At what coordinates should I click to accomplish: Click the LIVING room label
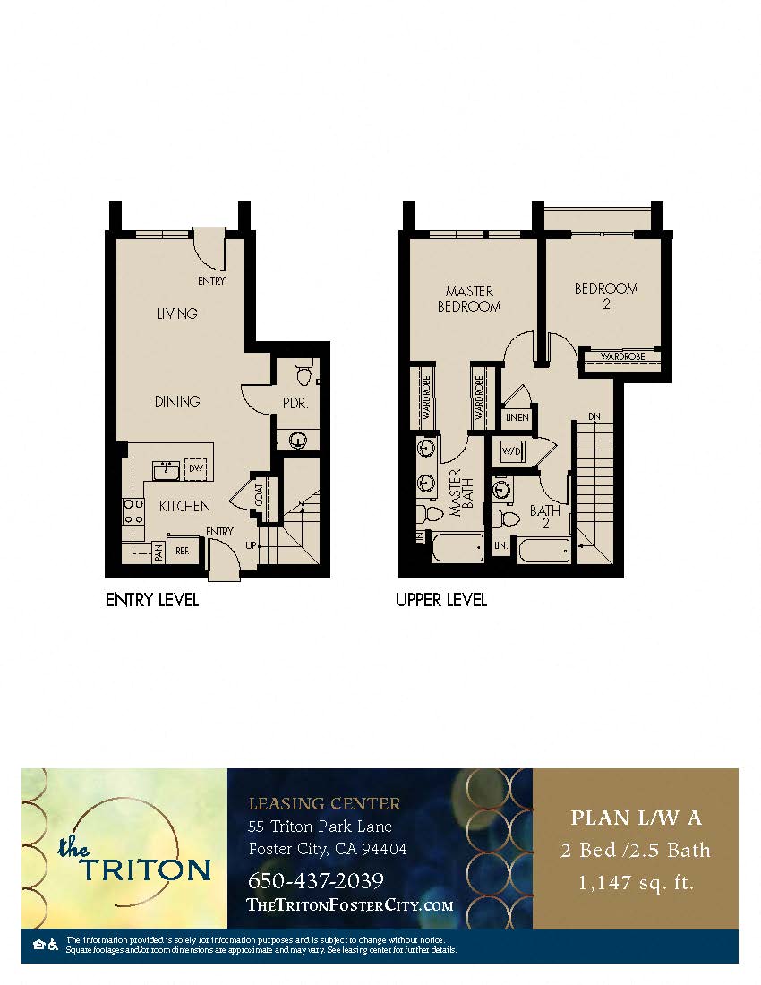176,314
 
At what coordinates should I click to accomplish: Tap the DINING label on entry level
176,401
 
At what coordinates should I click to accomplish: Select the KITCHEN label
184,506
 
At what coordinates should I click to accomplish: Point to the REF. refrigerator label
183,551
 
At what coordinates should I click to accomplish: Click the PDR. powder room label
295,404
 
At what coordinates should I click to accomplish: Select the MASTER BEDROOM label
469,299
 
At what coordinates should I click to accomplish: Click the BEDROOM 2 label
606,295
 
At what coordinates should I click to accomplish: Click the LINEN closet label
517,417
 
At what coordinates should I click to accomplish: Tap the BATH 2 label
544,517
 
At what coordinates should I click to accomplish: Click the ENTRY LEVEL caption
152,600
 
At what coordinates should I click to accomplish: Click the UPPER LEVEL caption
441,600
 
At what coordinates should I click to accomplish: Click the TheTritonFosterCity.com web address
349,905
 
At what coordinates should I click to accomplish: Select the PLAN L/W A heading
636,818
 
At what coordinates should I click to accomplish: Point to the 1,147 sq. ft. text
636,883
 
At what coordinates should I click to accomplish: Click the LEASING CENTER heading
324,803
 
